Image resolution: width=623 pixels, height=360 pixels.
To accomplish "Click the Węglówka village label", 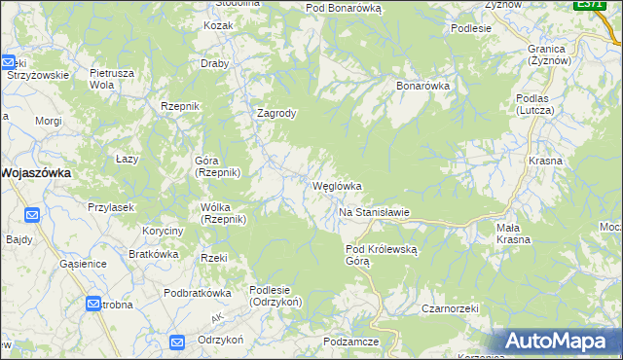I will click(x=337, y=186).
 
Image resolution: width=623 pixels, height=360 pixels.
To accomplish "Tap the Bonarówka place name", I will click(x=422, y=86).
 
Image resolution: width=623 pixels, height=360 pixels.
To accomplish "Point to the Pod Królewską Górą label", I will click(x=382, y=255).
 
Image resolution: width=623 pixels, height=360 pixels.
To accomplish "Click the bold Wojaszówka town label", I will click(x=40, y=172).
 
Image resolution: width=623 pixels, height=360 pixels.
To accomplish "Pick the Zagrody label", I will click(x=275, y=113).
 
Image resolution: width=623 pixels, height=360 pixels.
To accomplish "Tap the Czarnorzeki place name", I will click(x=450, y=308).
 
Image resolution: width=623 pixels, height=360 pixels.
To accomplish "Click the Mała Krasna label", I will click(x=513, y=234).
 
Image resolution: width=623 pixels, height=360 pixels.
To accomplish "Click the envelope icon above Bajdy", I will click(x=32, y=215).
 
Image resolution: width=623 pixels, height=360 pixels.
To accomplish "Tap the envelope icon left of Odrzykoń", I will click(x=177, y=342).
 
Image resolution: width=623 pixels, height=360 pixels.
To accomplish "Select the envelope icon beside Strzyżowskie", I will click(x=7, y=60).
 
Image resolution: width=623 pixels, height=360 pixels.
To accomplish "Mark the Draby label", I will click(x=214, y=64).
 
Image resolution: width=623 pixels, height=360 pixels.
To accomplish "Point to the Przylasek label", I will click(x=110, y=207).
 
